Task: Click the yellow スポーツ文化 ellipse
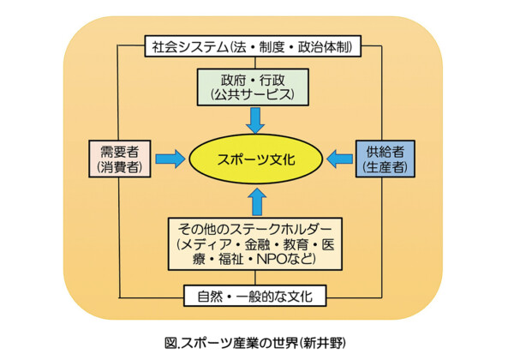pyautogui.click(x=256, y=159)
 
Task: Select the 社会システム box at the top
pyautogui.click(x=253, y=46)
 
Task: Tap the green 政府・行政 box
pyautogui.click(x=253, y=87)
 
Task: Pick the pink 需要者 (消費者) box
pyautogui.click(x=120, y=159)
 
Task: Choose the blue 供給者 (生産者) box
pyautogui.click(x=385, y=159)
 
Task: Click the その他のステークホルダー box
pyautogui.click(x=255, y=244)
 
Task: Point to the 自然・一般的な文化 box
pyautogui.click(x=255, y=296)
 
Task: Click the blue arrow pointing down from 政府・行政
pyautogui.click(x=255, y=121)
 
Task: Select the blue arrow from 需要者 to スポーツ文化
pyautogui.click(x=170, y=159)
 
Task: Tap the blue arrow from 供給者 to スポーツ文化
pyautogui.click(x=340, y=159)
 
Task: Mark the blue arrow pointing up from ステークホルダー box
pyautogui.click(x=257, y=201)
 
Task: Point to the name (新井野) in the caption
pyautogui.click(x=323, y=343)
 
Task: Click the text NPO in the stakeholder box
pyautogui.click(x=271, y=259)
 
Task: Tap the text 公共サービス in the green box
pyautogui.click(x=253, y=95)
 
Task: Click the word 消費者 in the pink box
pyautogui.click(x=120, y=167)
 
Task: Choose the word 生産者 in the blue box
pyautogui.click(x=385, y=167)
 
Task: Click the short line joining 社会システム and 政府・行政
pyautogui.click(x=255, y=63)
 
